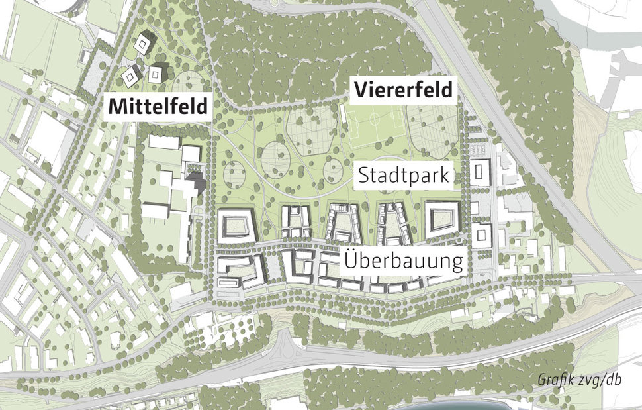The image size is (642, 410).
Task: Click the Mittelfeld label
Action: (158, 106)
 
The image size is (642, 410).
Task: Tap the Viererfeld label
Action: (404, 89)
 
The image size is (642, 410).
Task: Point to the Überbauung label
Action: (403, 260)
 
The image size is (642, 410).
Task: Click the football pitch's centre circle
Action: (375, 124)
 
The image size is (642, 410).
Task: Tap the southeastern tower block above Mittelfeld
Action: (157, 72)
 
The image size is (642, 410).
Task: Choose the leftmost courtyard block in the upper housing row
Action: (236, 226)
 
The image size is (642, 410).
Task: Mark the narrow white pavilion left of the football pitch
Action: (344, 120)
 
